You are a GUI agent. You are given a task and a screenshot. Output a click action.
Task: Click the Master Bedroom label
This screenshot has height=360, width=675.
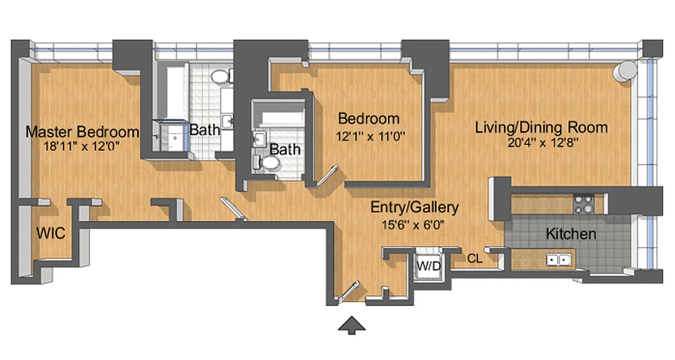(82, 132)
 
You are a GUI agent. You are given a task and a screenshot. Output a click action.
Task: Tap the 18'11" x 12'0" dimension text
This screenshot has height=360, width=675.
(82, 145)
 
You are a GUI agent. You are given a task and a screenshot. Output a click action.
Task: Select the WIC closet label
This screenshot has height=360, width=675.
(50, 234)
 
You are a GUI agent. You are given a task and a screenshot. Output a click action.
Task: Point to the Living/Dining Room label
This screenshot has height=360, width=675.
(541, 127)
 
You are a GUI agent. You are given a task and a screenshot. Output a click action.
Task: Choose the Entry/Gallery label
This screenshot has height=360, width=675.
(414, 207)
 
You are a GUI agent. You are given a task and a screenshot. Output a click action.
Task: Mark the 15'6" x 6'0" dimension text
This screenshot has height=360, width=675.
(414, 224)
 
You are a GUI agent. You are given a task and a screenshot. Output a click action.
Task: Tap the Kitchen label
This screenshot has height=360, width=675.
(571, 234)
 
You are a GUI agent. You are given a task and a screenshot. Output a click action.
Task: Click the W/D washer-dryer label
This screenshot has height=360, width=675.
(428, 266)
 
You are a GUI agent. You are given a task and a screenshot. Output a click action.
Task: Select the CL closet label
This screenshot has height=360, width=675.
(475, 259)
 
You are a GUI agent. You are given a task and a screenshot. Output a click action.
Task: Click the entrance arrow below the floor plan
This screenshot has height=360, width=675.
(352, 325)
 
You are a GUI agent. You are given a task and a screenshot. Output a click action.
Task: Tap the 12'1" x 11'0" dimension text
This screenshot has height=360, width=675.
(369, 135)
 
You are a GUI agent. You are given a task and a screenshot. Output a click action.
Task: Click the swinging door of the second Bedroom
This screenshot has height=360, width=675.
(327, 175)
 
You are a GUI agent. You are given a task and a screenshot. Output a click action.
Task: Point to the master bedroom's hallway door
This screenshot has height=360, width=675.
(232, 208)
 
